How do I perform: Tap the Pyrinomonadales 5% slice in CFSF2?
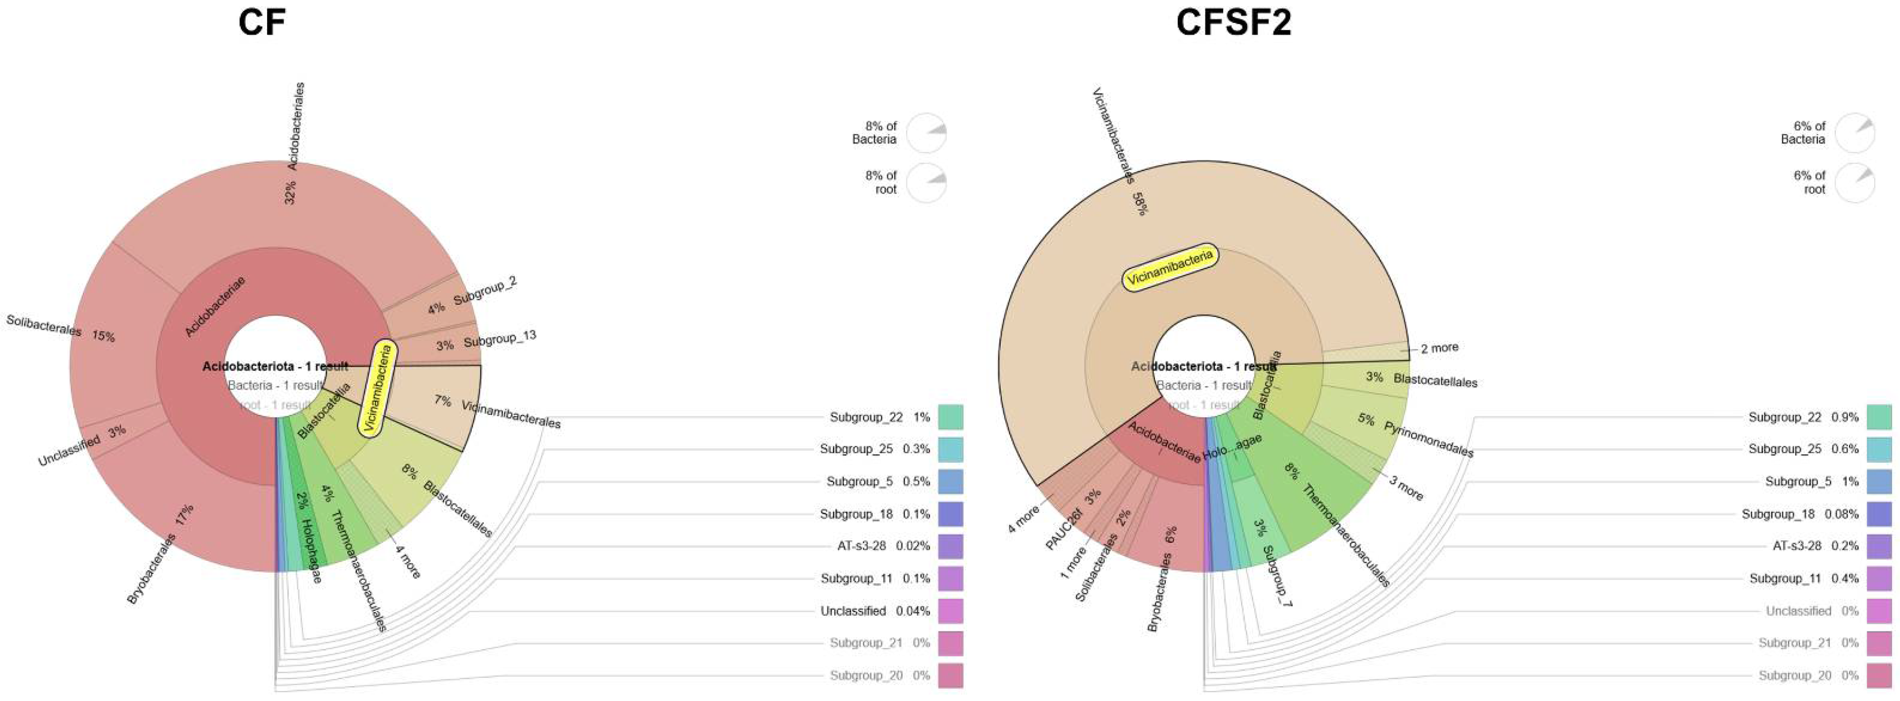[1365, 420]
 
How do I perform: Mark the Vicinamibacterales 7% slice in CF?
[435, 402]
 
